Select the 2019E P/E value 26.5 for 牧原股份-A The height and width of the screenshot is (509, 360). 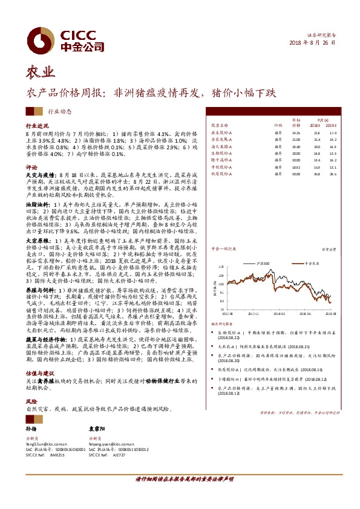point(332,175)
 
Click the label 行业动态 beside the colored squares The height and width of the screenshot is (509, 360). point(59,111)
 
